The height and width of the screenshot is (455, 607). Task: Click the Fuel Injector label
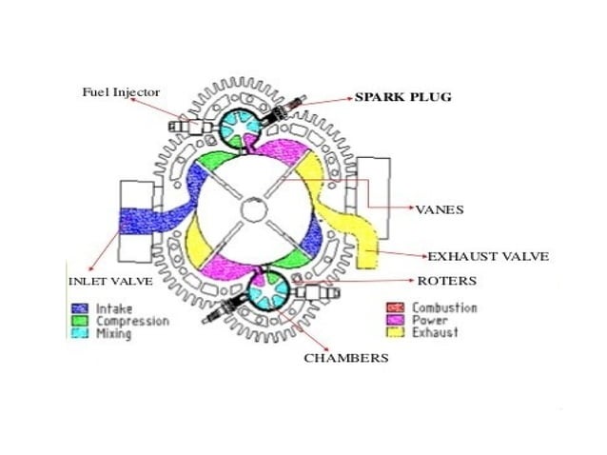[x=120, y=91]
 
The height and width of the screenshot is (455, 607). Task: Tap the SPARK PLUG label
[x=402, y=97]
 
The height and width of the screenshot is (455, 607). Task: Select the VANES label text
[x=439, y=208]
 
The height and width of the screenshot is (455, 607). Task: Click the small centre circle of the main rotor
[x=254, y=208]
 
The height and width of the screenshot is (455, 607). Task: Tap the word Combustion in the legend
[x=444, y=308]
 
